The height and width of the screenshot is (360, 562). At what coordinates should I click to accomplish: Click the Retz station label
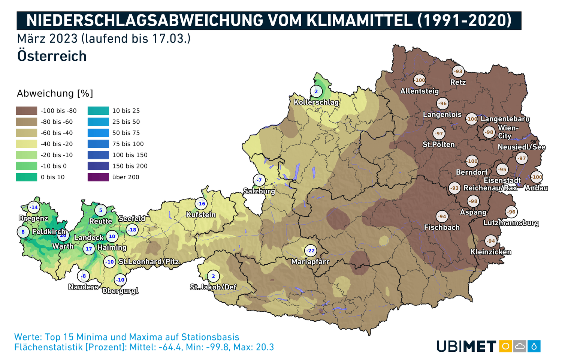[458, 82]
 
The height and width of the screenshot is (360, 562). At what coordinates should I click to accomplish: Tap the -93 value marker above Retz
[458, 71]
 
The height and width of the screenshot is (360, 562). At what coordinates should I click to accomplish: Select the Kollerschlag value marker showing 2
[316, 91]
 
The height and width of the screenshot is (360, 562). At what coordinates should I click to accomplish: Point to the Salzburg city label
[259, 191]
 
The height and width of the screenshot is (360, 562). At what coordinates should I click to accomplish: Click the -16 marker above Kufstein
[201, 204]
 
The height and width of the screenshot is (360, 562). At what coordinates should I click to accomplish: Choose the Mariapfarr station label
[310, 262]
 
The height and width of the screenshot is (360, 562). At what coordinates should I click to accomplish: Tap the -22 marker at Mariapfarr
[310, 250]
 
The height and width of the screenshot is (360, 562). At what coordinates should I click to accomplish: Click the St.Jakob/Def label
[213, 287]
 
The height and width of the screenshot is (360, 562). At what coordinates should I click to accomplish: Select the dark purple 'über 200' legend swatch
[98, 177]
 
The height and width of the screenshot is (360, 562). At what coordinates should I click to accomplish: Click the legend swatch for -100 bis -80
[27, 111]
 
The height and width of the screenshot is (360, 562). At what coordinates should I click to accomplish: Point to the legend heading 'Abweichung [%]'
[55, 93]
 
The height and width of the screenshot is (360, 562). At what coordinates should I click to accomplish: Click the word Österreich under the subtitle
[52, 56]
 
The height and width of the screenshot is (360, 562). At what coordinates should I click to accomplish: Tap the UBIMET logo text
[466, 346]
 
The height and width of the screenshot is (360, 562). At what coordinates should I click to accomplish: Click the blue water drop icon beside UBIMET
[534, 346]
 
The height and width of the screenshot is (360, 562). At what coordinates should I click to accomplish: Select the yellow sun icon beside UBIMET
[505, 346]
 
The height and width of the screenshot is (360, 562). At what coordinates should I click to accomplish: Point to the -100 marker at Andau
[537, 177]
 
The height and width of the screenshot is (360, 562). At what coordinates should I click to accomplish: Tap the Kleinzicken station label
[490, 252]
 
